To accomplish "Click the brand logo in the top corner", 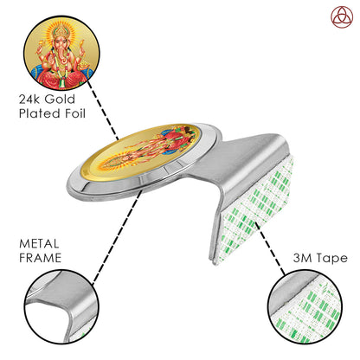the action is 342,17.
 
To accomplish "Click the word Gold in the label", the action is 60,100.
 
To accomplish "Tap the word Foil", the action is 75,113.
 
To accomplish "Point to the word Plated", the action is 40,113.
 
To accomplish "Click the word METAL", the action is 39,244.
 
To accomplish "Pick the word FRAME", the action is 40,258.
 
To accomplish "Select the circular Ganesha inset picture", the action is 61,53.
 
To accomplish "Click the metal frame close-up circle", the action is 61,306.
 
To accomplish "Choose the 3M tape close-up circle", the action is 305,306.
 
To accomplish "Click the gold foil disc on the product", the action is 140,151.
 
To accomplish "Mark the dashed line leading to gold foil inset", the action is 103,111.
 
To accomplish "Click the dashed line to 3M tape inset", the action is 270,248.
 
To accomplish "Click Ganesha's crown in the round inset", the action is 61,31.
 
